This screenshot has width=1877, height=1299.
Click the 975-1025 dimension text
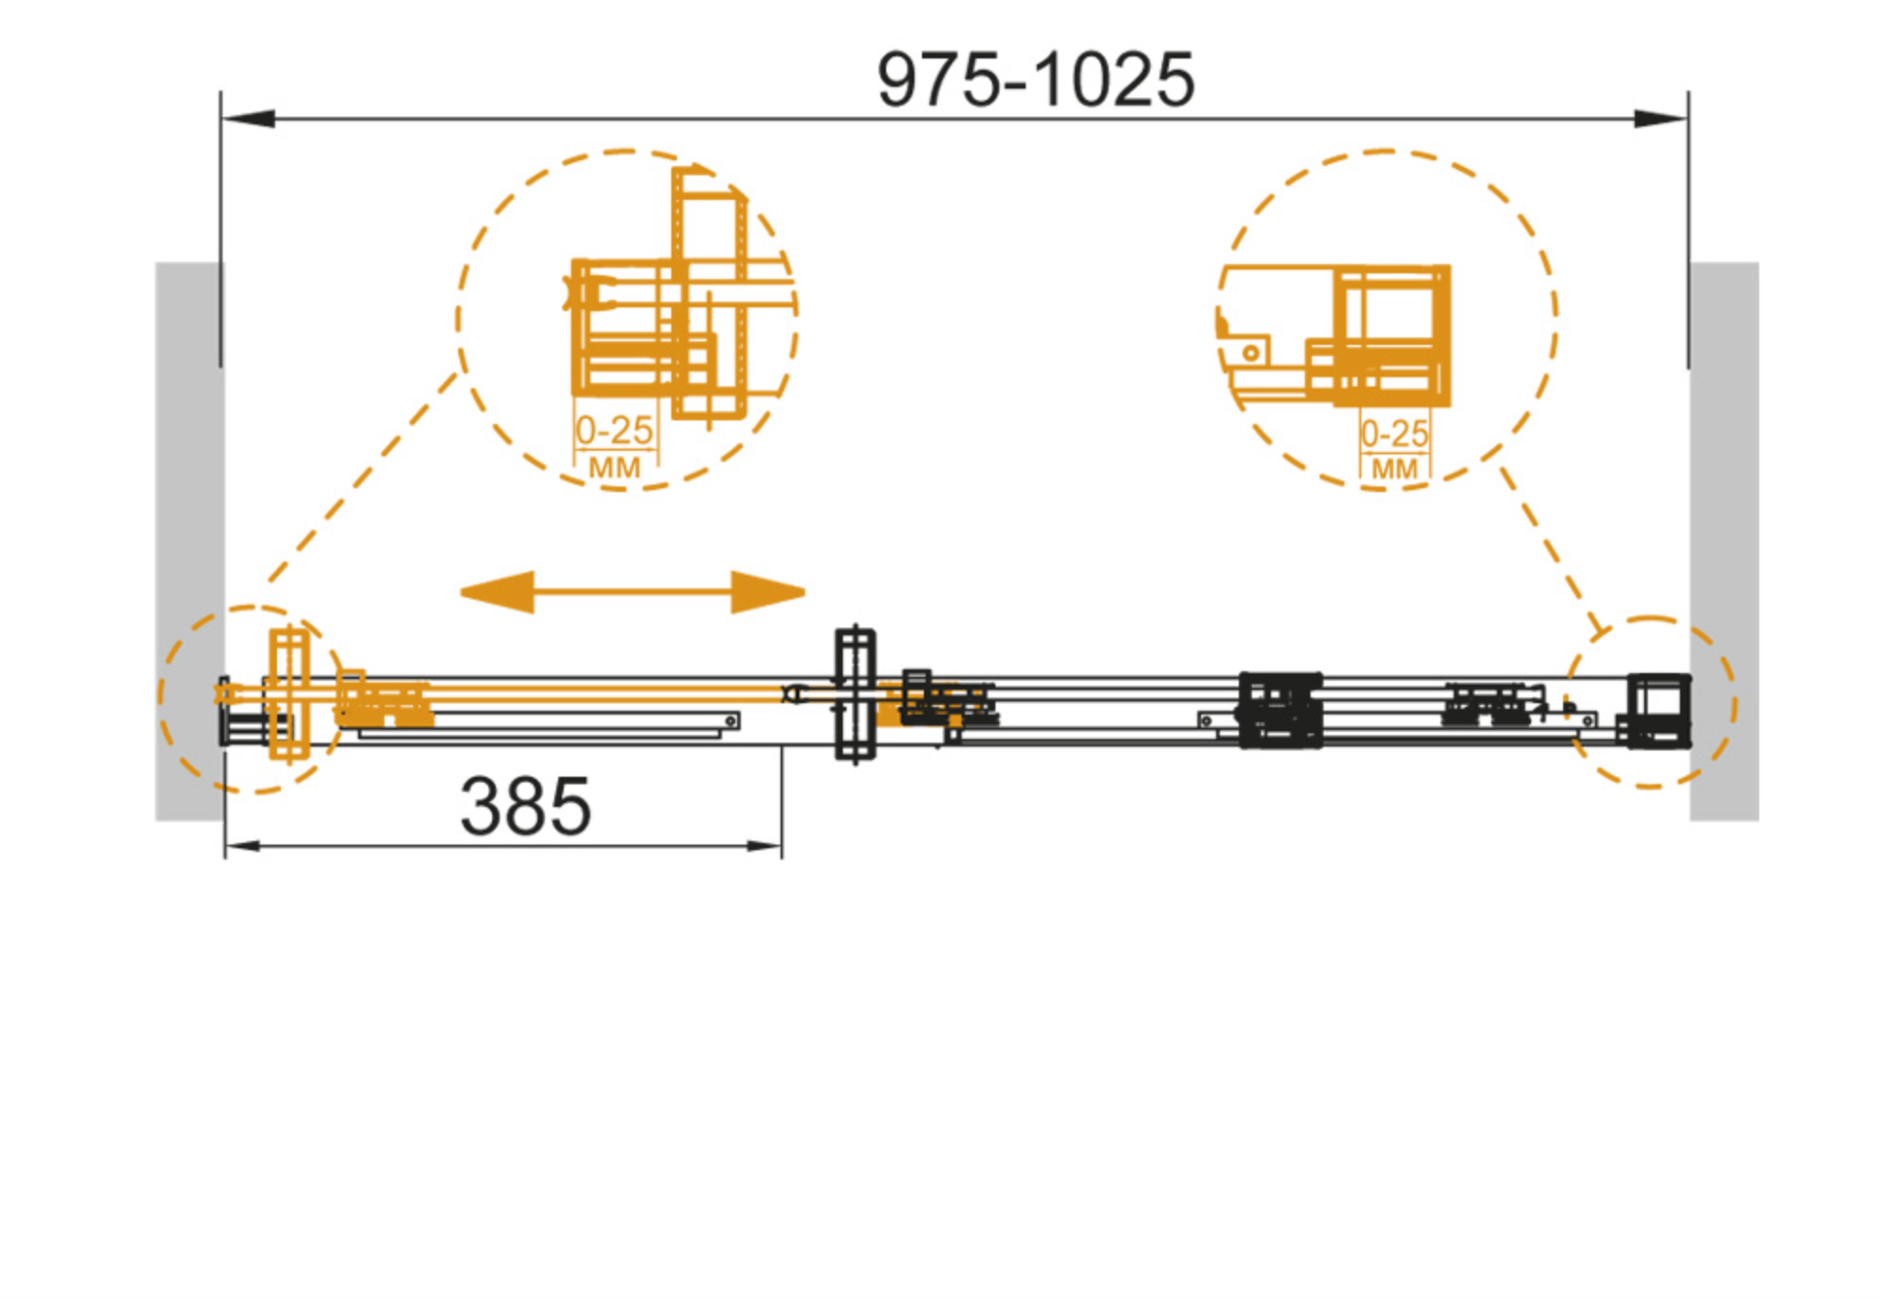pos(1034,80)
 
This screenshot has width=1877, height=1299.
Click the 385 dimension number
pos(525,806)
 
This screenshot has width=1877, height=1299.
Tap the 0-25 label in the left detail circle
pos(614,430)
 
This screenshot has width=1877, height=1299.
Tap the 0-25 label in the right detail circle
pos(1393,434)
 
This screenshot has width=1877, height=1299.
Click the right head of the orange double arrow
pos(767,592)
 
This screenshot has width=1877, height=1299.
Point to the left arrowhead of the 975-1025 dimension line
pos(249,119)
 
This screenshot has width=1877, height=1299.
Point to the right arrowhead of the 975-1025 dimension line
pos(1659,119)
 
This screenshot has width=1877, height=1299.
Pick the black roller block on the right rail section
pos(1279,710)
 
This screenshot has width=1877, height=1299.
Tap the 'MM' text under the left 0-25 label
pos(614,467)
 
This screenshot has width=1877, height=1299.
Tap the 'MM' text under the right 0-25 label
pos(1393,469)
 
